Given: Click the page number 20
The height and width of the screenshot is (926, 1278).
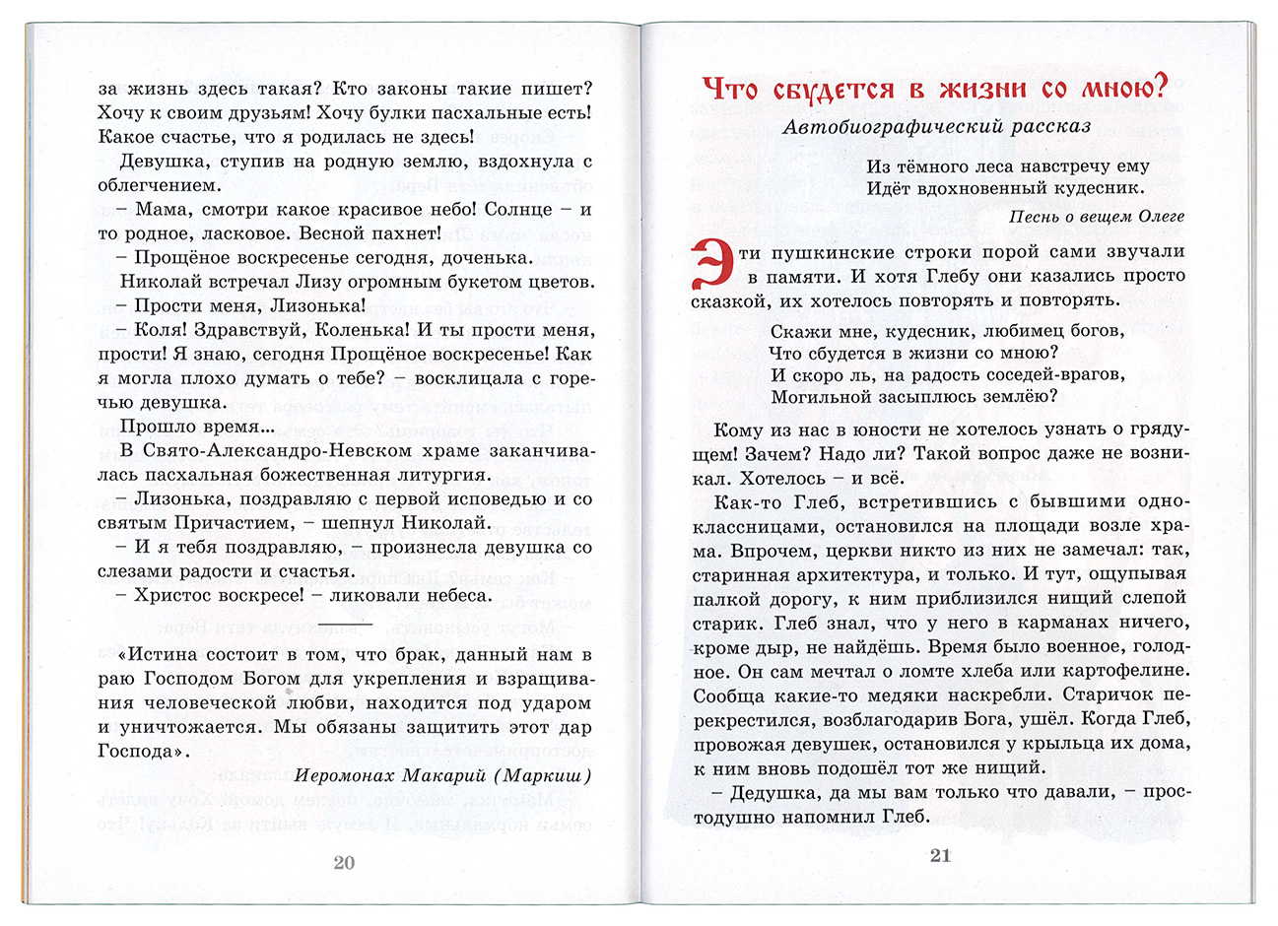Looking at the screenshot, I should pyautogui.click(x=344, y=862).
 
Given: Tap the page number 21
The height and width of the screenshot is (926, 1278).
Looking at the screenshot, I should pyautogui.click(x=940, y=855).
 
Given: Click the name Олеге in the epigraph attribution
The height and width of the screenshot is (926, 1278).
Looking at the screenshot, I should pyautogui.click(x=1159, y=217).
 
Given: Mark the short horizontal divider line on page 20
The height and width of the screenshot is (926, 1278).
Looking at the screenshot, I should pyautogui.click(x=346, y=625).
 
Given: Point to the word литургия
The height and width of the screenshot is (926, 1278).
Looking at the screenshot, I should pyautogui.click(x=444, y=475).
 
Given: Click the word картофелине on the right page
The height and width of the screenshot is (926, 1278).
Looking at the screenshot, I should pyautogui.click(x=1117, y=671).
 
